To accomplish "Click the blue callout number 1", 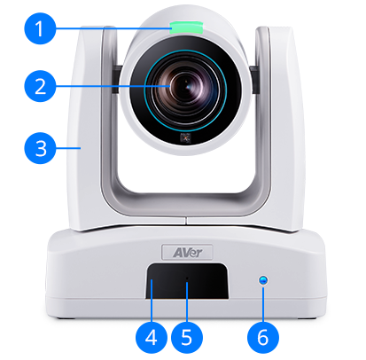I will [37, 29].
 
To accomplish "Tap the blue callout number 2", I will [37, 87].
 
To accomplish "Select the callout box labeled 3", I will [37, 145].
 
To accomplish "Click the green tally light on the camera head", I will [183, 24].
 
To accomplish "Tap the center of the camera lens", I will [183, 88].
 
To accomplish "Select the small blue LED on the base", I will [261, 282].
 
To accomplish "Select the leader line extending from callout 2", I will [106, 87].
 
